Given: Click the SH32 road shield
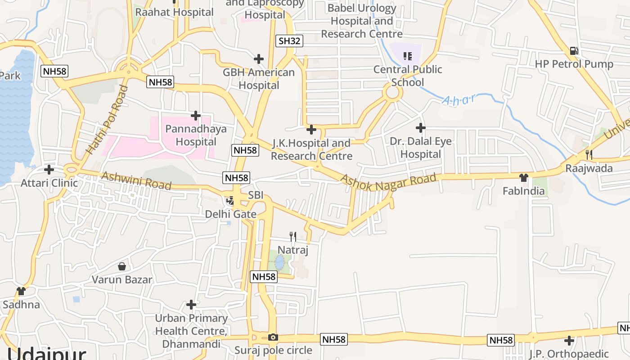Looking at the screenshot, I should [x=289, y=41].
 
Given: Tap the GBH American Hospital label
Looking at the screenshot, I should [x=259, y=79].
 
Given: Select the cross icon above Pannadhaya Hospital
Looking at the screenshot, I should [x=195, y=116].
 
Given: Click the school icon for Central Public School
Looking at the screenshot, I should [x=407, y=56].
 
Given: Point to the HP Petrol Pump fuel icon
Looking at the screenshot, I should [x=574, y=51].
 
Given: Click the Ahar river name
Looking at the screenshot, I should [x=458, y=99].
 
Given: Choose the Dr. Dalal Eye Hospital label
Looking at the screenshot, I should [x=421, y=148].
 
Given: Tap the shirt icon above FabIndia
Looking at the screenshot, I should [x=523, y=178].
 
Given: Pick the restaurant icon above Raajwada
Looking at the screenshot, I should [x=589, y=155].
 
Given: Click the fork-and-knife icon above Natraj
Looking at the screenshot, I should [x=292, y=236].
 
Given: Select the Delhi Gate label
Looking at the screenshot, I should [x=230, y=214].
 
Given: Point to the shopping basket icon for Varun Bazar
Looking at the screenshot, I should [x=121, y=266].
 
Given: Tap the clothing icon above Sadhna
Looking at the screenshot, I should [x=21, y=291].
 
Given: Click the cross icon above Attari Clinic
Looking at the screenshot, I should [x=49, y=170].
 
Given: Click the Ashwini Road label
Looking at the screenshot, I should [x=136, y=180].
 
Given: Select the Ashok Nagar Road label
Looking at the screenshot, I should [x=388, y=182].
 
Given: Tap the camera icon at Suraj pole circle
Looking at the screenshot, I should [x=273, y=337].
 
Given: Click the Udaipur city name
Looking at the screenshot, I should [x=46, y=354].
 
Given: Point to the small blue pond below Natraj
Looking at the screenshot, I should [x=279, y=262].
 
